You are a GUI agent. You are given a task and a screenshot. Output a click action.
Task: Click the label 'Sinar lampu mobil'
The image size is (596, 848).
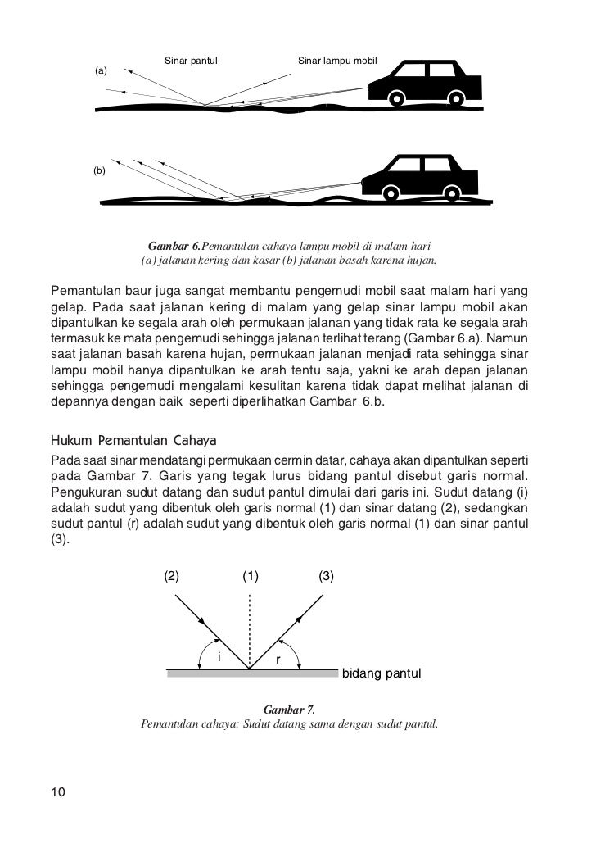(336, 61)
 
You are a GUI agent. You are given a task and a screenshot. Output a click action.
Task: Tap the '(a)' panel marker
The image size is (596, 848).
(102, 71)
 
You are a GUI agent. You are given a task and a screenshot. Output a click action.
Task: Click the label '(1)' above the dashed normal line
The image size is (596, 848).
(251, 575)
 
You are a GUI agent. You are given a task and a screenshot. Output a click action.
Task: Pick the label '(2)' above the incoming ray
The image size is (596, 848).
(172, 575)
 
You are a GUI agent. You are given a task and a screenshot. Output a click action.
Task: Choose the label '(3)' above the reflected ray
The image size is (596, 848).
(326, 575)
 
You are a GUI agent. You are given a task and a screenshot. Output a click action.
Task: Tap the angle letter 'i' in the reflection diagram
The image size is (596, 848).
(218, 656)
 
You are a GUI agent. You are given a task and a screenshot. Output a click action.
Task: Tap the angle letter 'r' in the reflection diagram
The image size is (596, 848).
(278, 659)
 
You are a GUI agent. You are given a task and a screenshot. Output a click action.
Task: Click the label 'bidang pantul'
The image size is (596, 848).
(381, 674)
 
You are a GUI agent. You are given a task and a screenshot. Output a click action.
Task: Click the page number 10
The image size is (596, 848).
(58, 791)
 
